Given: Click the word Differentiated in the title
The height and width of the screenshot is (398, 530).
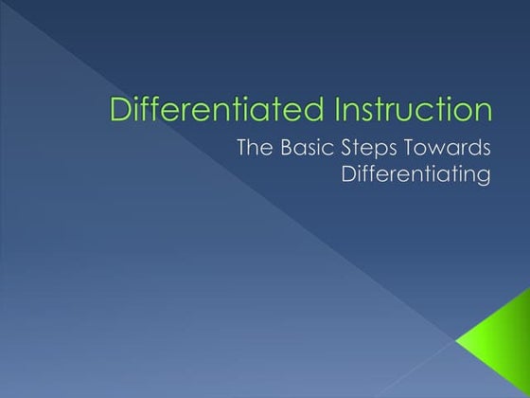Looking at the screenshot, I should point(196,109).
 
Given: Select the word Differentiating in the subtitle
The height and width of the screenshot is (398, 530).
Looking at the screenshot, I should point(416,177).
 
